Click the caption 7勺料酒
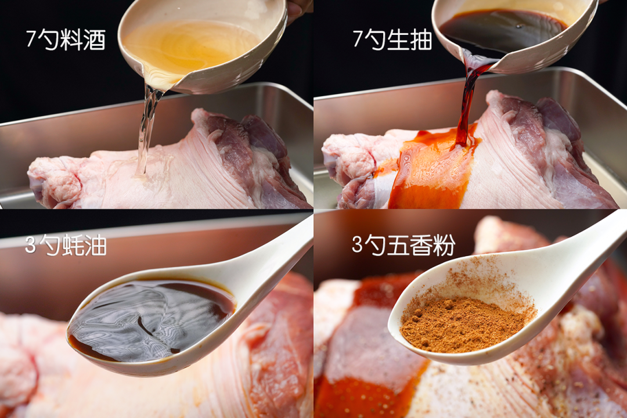click(66, 39)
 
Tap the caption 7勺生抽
click(392, 39)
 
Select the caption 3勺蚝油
click(66, 245)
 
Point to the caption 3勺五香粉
click(403, 245)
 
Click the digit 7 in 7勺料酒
click(31, 39)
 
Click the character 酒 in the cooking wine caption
click(95, 40)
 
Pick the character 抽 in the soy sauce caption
click(421, 39)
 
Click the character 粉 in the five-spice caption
click(444, 245)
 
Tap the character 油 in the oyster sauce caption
click(96, 245)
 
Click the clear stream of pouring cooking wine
click(146, 128)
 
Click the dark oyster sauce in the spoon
click(152, 319)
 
